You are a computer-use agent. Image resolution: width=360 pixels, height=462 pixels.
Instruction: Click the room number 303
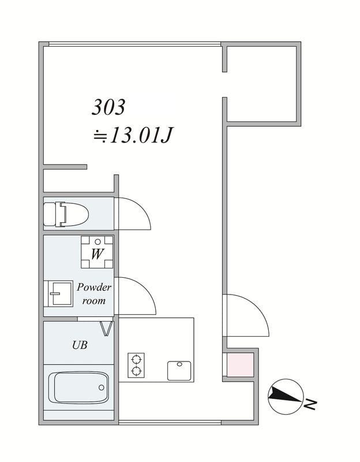pos(108,107)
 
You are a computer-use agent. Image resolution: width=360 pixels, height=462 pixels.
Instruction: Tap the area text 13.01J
pos(141,136)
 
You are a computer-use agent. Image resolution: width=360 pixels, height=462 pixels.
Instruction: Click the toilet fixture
pos(66,214)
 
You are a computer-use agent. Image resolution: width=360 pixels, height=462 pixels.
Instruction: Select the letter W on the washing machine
pos(96,254)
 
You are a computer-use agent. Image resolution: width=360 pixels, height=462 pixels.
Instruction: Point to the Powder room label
pos(94,294)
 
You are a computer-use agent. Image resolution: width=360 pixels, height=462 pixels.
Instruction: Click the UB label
pos(80,345)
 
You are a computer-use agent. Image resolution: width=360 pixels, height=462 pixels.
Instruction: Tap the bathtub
pos(78,388)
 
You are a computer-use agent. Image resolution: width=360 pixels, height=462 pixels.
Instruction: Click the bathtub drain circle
pos(102,388)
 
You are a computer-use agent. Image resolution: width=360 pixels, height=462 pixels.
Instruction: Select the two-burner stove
pos(136,366)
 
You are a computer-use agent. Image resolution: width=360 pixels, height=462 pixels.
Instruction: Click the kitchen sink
pos(179,371)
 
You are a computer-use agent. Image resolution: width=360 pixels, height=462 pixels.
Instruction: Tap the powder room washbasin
pos(58,294)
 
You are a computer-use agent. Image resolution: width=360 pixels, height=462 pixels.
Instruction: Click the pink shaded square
pos(240,364)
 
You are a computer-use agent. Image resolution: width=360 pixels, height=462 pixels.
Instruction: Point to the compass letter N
pos(310,404)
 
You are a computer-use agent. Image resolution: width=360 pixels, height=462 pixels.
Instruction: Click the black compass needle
pos(285,395)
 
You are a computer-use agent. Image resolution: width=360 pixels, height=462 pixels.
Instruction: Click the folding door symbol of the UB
pos(107,328)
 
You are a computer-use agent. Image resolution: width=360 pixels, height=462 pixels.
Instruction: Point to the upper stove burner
pos(136,360)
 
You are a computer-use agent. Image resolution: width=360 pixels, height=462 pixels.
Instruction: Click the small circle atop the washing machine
pos(98,242)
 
